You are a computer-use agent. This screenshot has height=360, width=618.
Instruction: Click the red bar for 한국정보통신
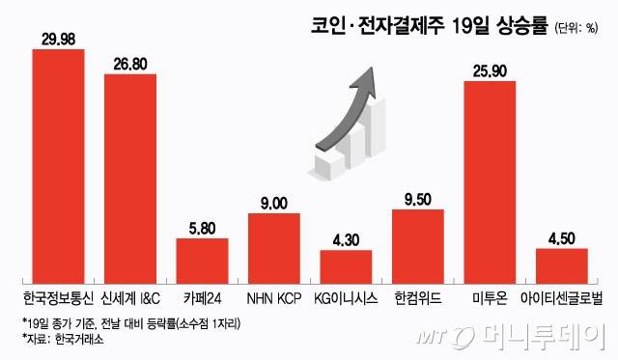58,166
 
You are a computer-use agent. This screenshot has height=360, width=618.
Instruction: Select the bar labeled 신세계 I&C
130,179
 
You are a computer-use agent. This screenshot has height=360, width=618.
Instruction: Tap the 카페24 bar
202,261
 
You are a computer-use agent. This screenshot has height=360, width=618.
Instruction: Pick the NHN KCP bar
274,249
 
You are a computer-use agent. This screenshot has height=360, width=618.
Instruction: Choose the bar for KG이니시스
346,266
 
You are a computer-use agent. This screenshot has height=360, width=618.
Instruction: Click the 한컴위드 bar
418,246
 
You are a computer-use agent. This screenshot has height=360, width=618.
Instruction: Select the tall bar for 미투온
490,182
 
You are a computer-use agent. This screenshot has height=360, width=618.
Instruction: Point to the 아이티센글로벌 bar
562,265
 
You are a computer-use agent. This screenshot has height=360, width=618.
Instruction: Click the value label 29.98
58,40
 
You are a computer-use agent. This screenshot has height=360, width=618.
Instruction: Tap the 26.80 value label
130,65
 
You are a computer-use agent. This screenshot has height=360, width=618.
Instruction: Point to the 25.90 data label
490,71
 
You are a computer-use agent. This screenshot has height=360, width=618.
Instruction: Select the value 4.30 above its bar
346,240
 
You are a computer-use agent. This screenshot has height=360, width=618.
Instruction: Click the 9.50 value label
418,200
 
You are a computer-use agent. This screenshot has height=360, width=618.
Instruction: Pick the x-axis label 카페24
202,298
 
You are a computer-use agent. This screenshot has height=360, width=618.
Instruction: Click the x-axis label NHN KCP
274,298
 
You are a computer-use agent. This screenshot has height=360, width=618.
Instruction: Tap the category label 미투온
490,298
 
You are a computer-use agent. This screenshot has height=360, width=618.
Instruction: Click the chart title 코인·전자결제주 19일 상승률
430,26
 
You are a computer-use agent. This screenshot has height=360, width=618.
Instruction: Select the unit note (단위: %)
576,28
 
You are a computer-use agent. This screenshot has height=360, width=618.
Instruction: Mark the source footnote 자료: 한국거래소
63,339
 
